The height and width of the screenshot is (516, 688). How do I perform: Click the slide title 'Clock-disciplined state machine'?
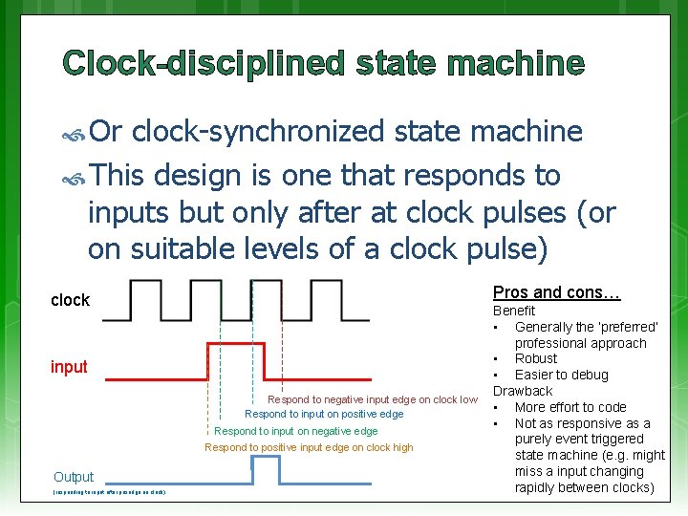323,64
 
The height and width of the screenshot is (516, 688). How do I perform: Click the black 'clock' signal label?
70,300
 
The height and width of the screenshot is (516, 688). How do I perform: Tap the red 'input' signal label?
69,367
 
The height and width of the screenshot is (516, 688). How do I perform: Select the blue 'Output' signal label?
74,477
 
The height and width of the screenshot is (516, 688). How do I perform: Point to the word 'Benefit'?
513,311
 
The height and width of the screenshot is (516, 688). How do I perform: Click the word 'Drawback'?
522,391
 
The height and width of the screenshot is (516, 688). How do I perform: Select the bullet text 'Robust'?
536,358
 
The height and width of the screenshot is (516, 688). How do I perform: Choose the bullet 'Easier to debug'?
561,375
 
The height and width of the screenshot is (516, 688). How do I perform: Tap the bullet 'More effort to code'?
570,407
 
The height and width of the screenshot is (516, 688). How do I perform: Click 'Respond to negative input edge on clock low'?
372,399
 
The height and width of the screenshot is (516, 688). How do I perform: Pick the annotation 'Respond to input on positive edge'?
324,414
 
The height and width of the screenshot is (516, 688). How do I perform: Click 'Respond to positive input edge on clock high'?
309,447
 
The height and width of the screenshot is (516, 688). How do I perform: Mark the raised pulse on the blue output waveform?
266,458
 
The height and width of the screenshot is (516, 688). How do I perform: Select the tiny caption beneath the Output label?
110,492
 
